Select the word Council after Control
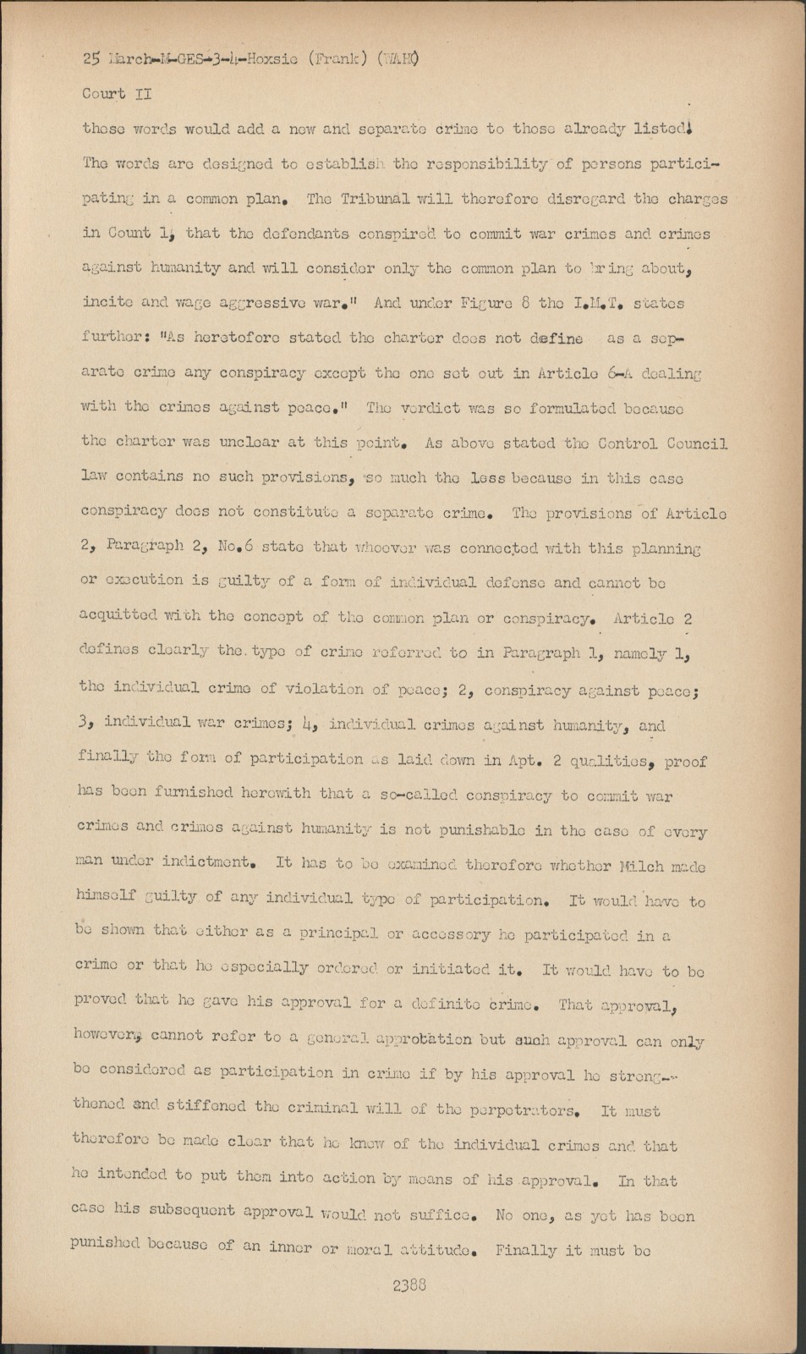point(693,443)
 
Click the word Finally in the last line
point(526,1249)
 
